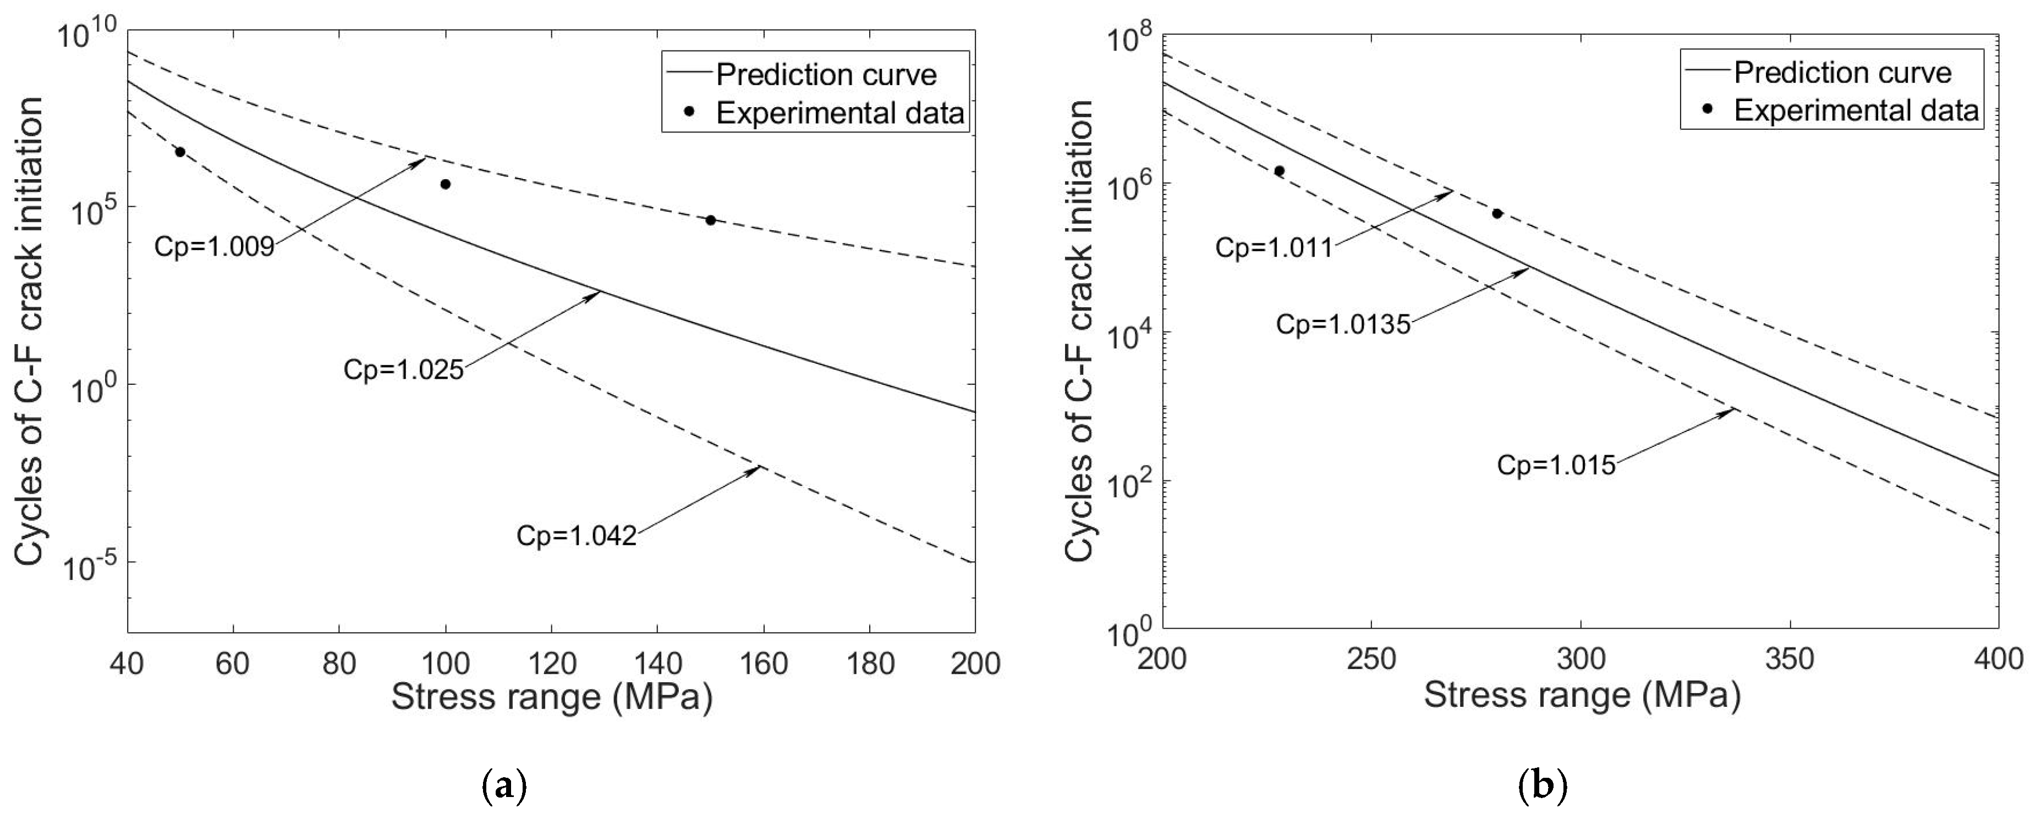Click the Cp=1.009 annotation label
click(x=213, y=246)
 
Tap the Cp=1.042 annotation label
click(x=576, y=535)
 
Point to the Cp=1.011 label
click(x=1274, y=247)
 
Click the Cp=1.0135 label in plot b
click(x=1343, y=324)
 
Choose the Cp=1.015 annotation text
click(x=1555, y=465)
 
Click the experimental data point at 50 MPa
click(x=180, y=152)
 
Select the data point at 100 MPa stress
click(x=445, y=184)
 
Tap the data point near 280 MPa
click(x=1497, y=213)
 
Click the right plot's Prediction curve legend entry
click(x=1842, y=73)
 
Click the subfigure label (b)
click(x=1543, y=787)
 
